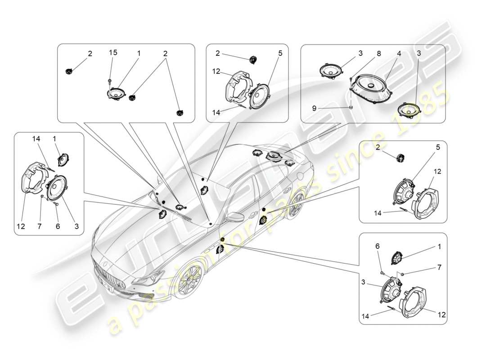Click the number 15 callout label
click(113, 53)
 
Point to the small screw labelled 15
click(110, 81)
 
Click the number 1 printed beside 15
click(139, 53)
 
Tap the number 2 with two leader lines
click(165, 53)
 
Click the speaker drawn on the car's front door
click(220, 248)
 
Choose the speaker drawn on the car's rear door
click(262, 220)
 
